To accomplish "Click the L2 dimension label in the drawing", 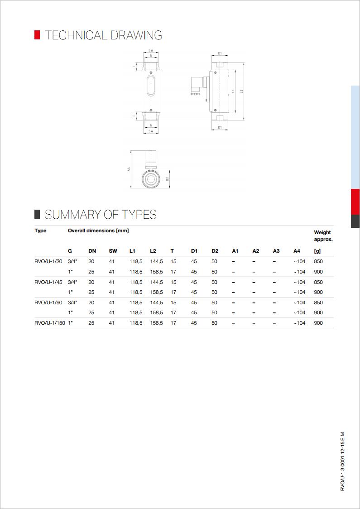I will [242, 91].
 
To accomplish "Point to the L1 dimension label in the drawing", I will [233, 91].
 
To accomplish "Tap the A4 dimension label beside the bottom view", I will [129, 169].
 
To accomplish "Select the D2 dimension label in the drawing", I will [167, 179].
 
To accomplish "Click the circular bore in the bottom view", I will [150, 179].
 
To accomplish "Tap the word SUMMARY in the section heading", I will [72, 215].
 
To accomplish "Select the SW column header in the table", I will [113, 251].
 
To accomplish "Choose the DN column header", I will [92, 251].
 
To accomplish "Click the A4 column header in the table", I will [297, 251].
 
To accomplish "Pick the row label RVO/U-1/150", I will [49, 323].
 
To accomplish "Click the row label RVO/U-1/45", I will [48, 282].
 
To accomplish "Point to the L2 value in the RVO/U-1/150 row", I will [156, 323].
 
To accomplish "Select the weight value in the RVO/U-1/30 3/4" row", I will [318, 261].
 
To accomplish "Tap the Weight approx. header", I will [323, 235].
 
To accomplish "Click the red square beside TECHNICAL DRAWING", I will [37, 35].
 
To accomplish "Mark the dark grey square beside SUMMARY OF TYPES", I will [37, 214].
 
